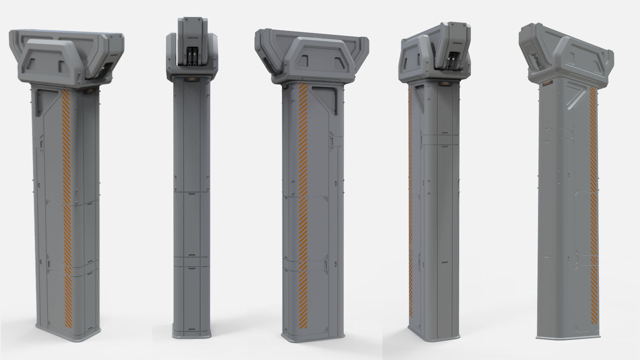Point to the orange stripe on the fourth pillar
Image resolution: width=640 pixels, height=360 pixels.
pos(411,200)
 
